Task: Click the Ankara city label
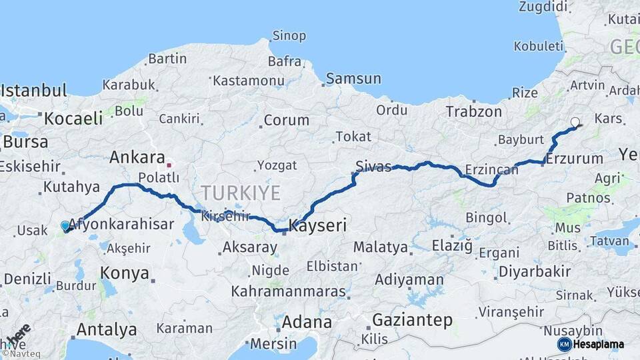(137, 157)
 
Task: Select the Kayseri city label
(317, 225)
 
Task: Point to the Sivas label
(373, 166)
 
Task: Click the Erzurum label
(574, 159)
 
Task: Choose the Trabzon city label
(473, 112)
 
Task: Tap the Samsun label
(353, 79)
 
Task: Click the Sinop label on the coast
(289, 35)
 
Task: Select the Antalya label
(107, 329)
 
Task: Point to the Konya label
(124, 272)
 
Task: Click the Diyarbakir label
(535, 271)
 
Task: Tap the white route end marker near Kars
(575, 122)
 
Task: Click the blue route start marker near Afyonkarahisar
(65, 226)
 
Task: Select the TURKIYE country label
(241, 193)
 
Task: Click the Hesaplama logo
(591, 344)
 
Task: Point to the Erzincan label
(492, 169)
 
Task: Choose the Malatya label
(380, 247)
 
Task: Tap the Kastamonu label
(249, 80)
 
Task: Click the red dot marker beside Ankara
(169, 165)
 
